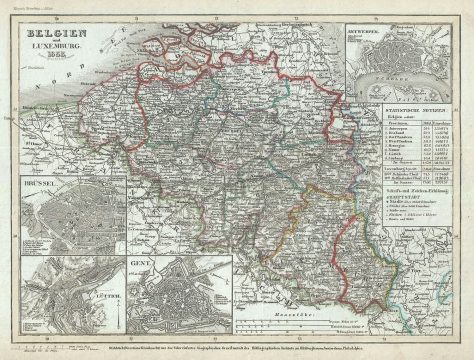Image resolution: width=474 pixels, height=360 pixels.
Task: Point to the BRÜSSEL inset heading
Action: pos(42,186)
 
